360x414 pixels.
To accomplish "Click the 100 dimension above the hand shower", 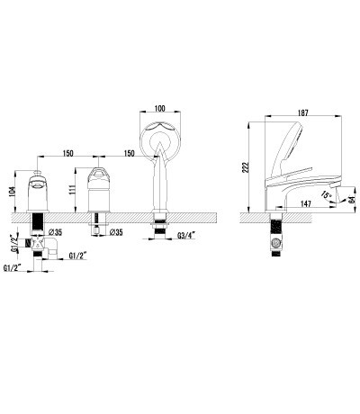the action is click(160, 108).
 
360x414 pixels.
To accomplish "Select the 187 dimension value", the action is click(303, 112).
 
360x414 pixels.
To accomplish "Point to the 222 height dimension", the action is click(246, 168).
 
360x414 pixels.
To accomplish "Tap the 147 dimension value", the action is click(305, 204).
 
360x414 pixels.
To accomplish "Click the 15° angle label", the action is click(326, 194).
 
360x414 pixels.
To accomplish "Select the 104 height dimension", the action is click(12, 192).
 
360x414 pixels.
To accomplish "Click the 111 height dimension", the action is click(72, 190).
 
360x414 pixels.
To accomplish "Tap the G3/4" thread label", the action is click(186, 236).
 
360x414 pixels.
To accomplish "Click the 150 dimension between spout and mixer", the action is click(67, 153).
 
